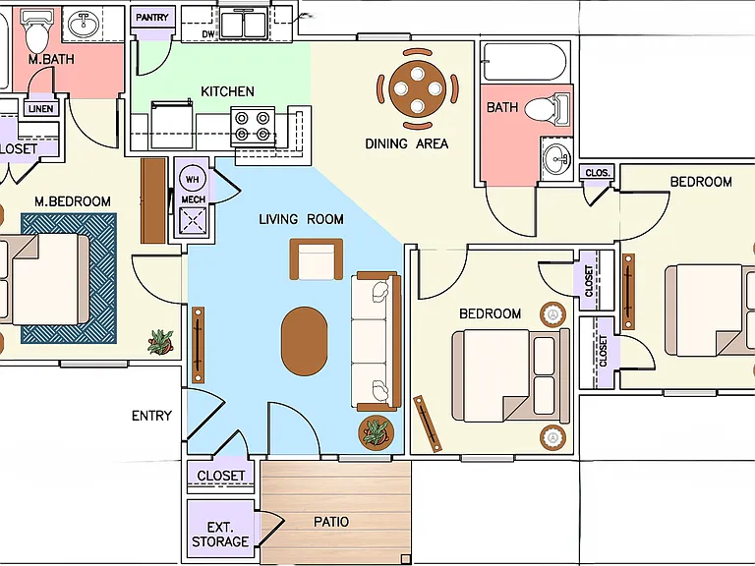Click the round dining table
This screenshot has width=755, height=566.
click(x=418, y=88)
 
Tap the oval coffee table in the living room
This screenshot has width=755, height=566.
click(x=305, y=341)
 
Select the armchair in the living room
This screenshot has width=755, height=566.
click(x=317, y=259)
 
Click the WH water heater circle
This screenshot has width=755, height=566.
click(x=192, y=179)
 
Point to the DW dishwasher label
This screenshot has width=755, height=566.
click(x=208, y=34)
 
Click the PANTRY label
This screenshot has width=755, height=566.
click(x=152, y=18)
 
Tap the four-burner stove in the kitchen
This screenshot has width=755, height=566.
click(x=253, y=126)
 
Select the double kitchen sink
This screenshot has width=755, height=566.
click(x=243, y=25)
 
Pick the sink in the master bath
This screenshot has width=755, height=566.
click(x=84, y=24)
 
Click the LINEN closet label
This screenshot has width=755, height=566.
click(x=41, y=109)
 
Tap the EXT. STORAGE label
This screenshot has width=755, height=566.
click(x=220, y=535)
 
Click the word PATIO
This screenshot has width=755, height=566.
click(x=331, y=522)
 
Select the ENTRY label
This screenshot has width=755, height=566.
click(x=151, y=416)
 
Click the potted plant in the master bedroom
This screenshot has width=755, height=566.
click(x=160, y=342)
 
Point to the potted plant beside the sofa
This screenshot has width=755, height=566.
click(x=377, y=432)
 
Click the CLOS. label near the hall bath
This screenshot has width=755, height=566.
click(x=598, y=172)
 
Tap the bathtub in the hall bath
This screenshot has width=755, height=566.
click(x=525, y=62)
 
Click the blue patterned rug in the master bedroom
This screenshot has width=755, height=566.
click(x=69, y=278)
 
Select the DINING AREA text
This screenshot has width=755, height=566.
click(x=406, y=143)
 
